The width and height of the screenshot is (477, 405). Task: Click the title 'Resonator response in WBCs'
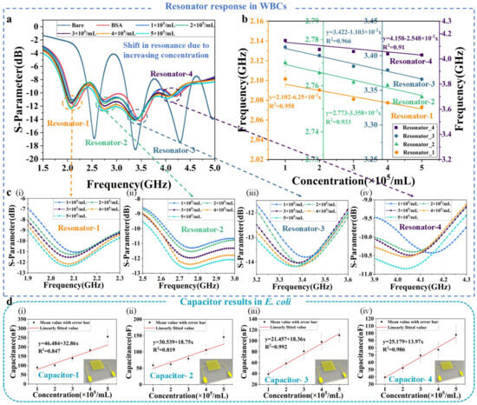[238, 7]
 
